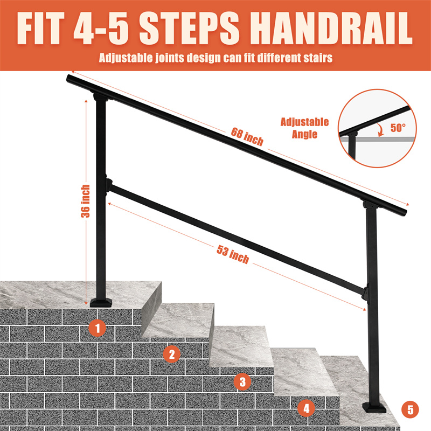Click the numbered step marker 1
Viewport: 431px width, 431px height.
coord(98,328)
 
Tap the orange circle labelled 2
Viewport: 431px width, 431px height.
coord(172,354)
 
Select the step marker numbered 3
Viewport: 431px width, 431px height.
coord(242,381)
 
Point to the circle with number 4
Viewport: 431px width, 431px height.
coord(306,408)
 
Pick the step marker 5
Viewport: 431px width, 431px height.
coord(410,409)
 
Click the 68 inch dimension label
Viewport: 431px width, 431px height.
coord(247,136)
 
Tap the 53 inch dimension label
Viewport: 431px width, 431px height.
coord(233,254)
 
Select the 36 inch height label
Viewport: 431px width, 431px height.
coord(86,201)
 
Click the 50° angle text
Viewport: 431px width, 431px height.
coord(398,128)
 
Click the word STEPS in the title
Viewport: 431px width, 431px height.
coord(189,29)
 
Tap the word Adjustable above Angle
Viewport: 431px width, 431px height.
coord(304,122)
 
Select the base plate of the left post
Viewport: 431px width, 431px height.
coord(101,302)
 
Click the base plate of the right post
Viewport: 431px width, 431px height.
coord(374,407)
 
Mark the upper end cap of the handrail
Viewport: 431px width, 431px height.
coord(69,78)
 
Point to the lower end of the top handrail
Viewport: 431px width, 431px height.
coord(404,212)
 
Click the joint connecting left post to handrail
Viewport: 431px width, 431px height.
coord(100,97)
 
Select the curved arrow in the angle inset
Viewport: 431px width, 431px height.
coord(381,129)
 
